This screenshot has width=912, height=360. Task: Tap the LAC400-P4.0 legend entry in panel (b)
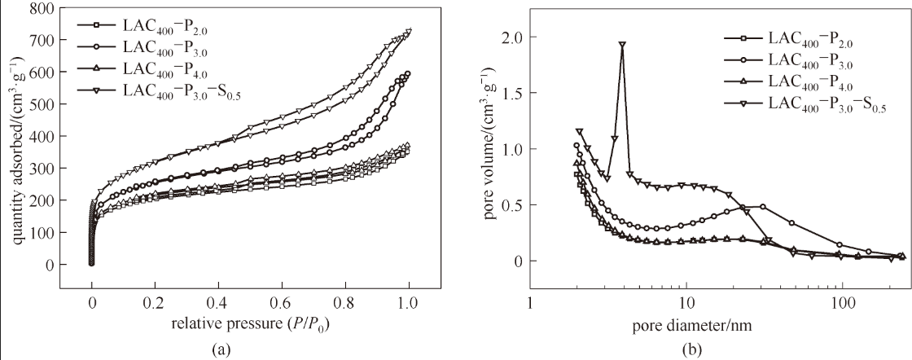(x=815, y=80)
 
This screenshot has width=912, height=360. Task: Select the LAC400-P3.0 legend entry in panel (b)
(x=815, y=59)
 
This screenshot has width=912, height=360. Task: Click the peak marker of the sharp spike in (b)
(x=622, y=45)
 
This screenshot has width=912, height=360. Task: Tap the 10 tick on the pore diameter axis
(x=686, y=302)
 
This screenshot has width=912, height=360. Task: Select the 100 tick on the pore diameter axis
(x=841, y=302)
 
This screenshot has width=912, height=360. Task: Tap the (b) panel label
(x=691, y=350)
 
